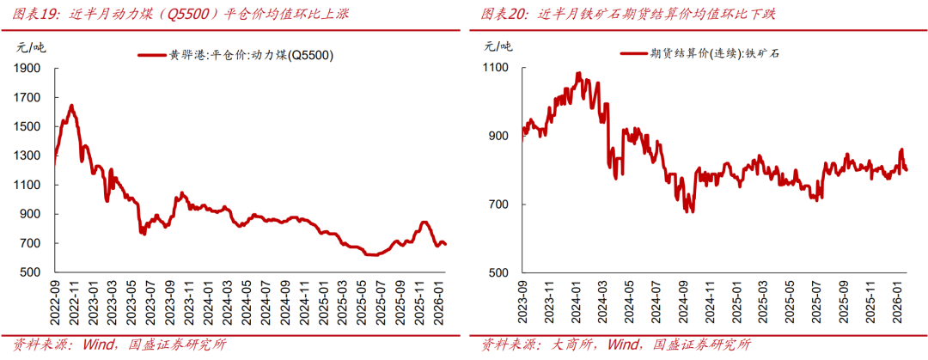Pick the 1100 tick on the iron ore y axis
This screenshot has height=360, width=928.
[x=497, y=68]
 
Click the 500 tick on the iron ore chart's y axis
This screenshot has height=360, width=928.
[x=500, y=272]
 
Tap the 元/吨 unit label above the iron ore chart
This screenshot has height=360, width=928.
[x=497, y=46]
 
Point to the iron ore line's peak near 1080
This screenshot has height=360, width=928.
[x=578, y=73]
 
